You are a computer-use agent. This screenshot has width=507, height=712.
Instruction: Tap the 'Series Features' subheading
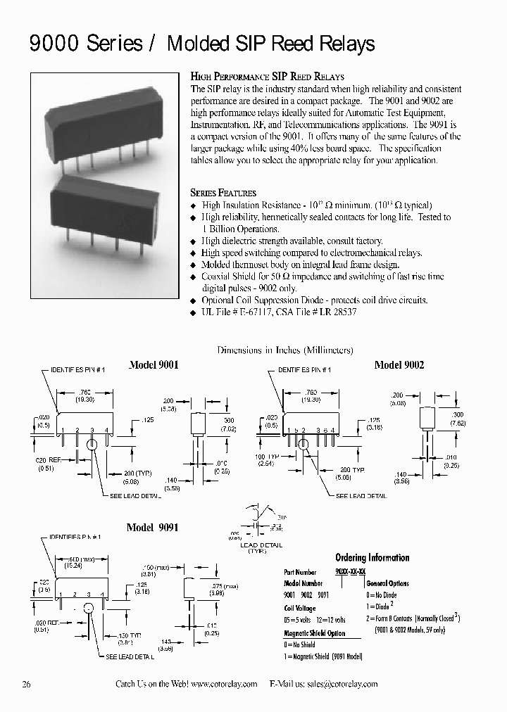223,193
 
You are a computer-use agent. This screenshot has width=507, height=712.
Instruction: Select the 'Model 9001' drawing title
154,365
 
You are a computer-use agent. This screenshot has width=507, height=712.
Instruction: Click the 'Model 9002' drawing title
399,365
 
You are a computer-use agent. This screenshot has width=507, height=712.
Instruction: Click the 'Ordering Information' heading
372,558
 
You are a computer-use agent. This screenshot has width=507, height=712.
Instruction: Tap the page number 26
27,684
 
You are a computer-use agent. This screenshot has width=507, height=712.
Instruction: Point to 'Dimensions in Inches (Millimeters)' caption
285,350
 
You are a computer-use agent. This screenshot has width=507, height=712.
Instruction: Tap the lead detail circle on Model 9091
89,609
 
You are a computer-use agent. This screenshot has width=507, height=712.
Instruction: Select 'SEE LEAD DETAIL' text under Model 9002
361,496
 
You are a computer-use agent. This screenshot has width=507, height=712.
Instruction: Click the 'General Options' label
387,583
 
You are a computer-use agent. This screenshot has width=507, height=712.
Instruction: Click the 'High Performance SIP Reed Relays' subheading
268,76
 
